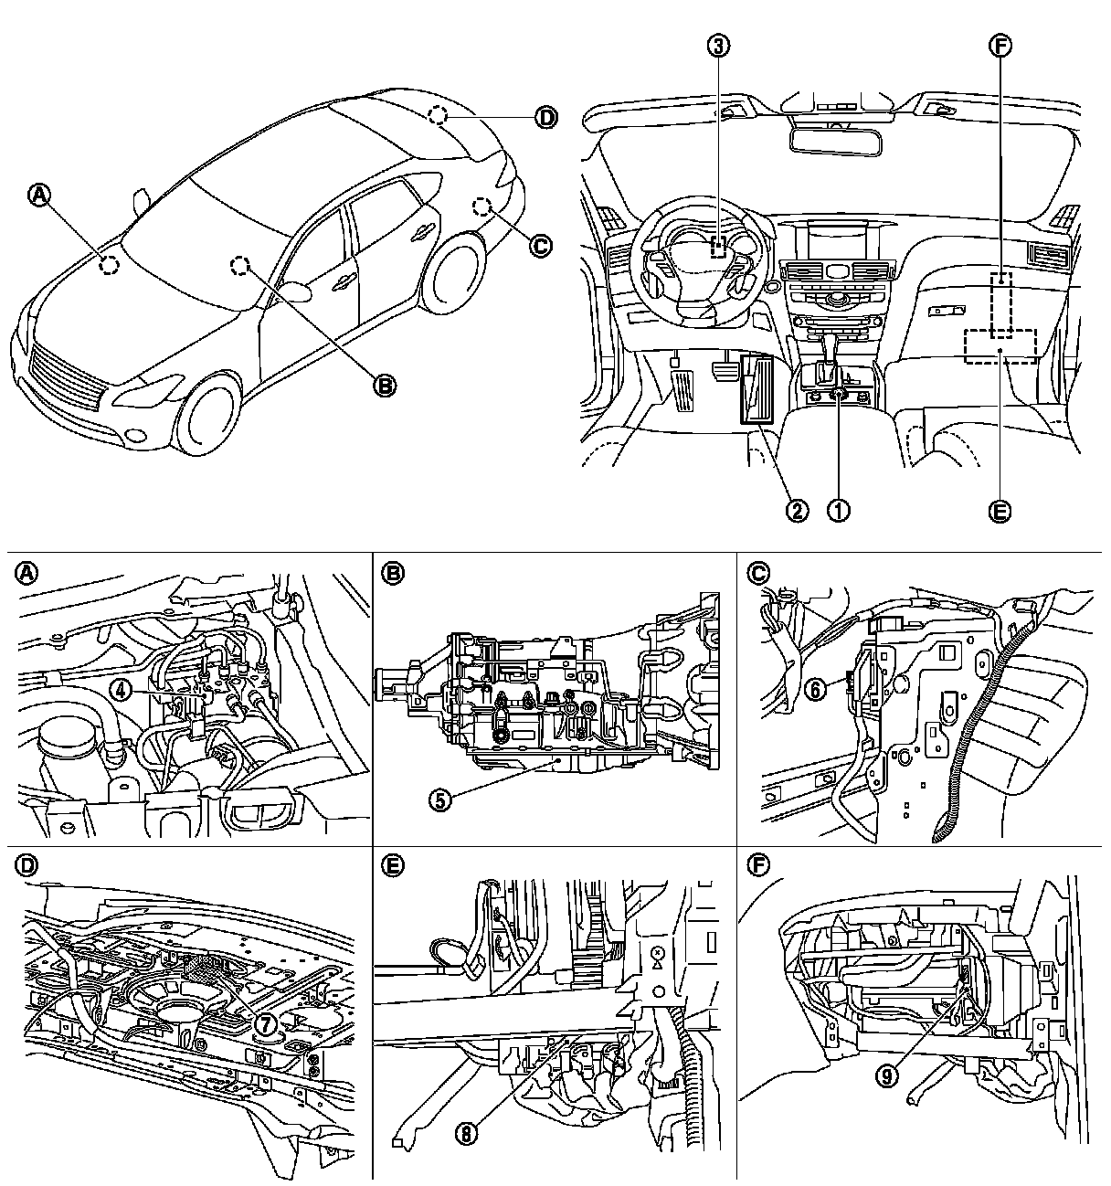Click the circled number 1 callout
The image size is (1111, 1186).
pos(839,510)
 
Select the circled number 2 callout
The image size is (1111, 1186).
pos(798,510)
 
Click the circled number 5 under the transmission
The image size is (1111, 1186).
pos(441,799)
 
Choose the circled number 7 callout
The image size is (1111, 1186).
pos(265,1023)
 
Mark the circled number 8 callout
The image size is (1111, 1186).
pos(467,1133)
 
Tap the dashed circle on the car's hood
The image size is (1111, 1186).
pos(109,266)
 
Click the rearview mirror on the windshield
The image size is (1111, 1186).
pos(831,139)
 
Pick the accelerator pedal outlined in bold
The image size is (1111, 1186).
pos(757,390)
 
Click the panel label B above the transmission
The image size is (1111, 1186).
pos(393,573)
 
